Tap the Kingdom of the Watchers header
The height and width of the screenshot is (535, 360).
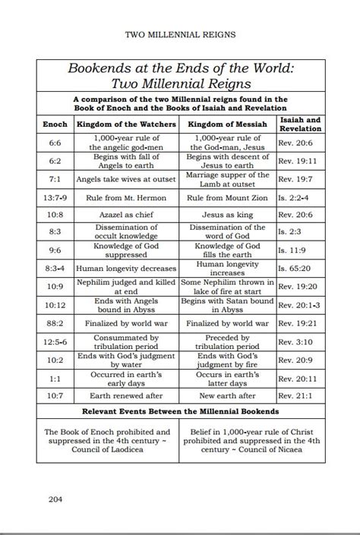pyautogui.click(x=126, y=124)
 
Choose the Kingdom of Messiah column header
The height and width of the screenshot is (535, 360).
pyautogui.click(x=226, y=124)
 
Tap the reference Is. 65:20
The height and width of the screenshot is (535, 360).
pyautogui.click(x=296, y=269)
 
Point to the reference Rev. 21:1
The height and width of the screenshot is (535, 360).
pyautogui.click(x=299, y=395)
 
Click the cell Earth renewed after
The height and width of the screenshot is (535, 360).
pyautogui.click(x=126, y=395)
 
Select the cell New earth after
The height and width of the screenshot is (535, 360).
pyautogui.click(x=226, y=395)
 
